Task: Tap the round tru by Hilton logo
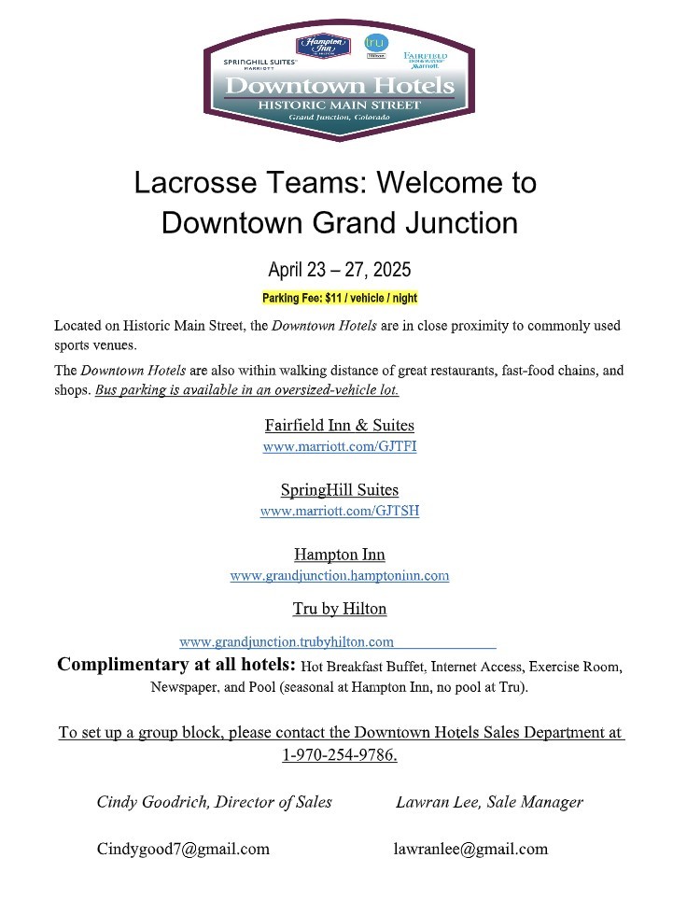pos(376,45)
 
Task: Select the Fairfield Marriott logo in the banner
pos(425,60)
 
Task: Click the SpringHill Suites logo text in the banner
pos(259,63)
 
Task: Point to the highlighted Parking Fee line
pos(340,299)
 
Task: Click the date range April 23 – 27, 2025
pos(340,270)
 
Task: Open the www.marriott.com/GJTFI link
pos(340,446)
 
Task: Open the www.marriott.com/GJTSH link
pos(340,511)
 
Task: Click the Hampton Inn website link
pos(340,575)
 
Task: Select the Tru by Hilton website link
pos(287,641)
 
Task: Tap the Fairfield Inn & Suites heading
pos(340,426)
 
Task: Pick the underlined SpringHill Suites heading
pos(340,489)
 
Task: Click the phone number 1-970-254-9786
pos(340,754)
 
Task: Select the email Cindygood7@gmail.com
pos(183,849)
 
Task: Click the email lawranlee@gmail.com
pos(470,849)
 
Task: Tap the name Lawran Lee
pos(430,802)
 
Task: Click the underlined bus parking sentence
pos(246,389)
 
